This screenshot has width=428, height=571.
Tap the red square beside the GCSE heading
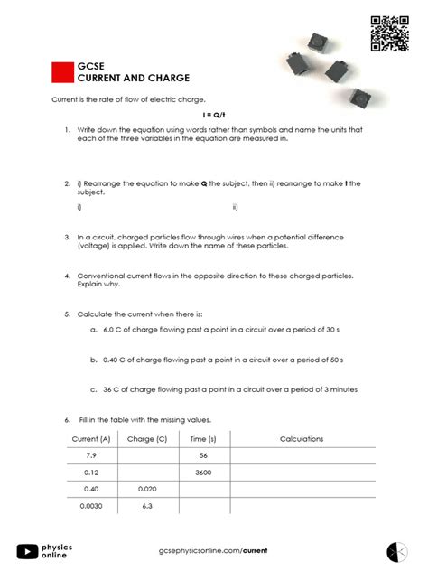62,73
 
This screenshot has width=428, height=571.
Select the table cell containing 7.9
90,455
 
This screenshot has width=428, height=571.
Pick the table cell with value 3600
202,473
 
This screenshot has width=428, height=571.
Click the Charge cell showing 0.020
147,489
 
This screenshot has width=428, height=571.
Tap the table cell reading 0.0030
90,506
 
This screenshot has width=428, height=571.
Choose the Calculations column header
302,438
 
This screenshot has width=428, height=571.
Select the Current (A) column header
90,438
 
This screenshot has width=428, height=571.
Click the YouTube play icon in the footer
28,550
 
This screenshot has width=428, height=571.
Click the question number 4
68,276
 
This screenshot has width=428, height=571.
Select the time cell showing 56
202,455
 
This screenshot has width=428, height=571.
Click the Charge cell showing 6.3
147,506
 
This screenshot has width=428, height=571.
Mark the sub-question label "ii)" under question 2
235,207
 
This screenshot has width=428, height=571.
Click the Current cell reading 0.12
90,473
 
